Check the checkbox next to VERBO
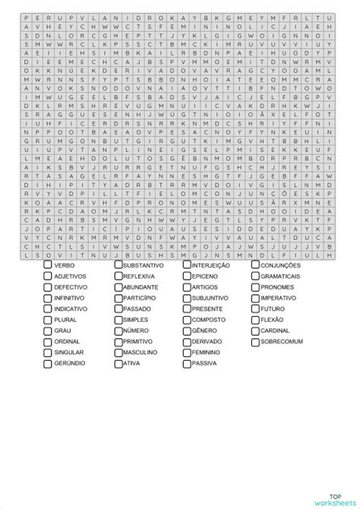click(48, 266)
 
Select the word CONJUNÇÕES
click(280, 266)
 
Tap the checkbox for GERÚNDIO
click(48, 365)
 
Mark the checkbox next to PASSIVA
click(187, 365)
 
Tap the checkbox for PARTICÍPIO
click(118, 299)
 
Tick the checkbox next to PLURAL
click(48, 321)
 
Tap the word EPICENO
click(204, 277)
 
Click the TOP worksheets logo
click(333, 489)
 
